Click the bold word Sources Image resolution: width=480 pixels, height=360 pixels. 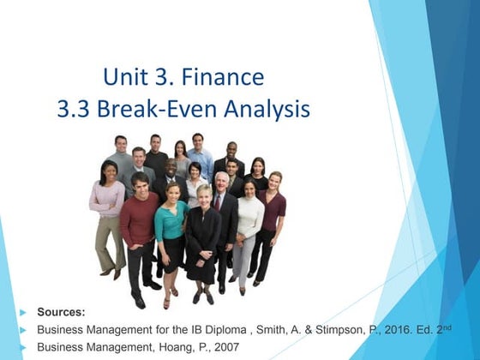(x=62, y=311)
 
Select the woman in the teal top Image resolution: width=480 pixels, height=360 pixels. (x=170, y=225)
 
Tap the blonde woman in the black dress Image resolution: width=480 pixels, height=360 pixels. (x=204, y=236)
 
